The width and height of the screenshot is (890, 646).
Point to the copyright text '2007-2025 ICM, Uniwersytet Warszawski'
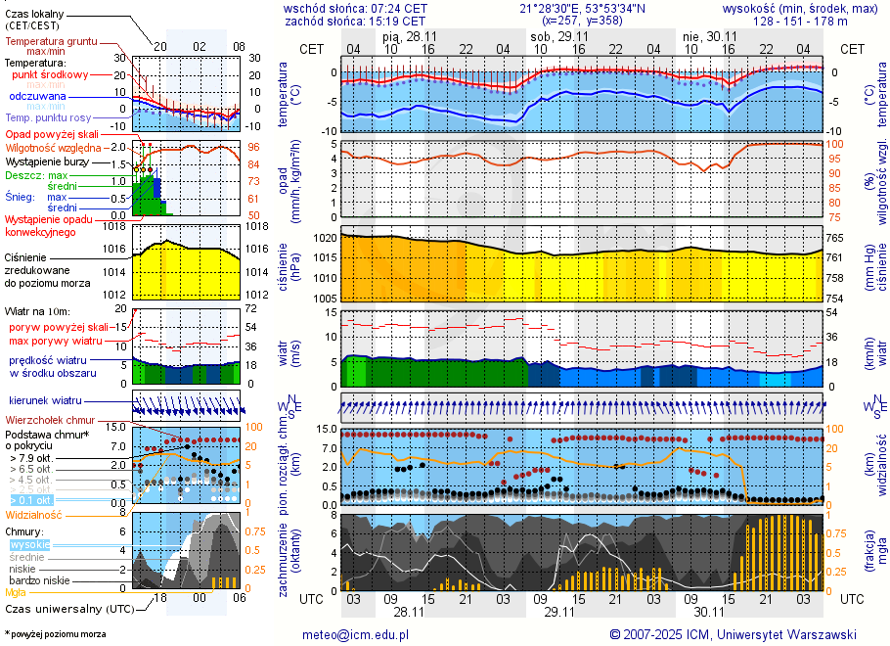[x=740, y=634]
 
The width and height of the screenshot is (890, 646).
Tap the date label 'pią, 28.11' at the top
[x=406, y=35]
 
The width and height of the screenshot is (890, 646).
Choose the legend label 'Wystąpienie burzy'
[x=47, y=161]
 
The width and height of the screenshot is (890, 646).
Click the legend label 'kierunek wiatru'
[x=45, y=401]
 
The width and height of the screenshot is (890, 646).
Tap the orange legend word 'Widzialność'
[x=34, y=514]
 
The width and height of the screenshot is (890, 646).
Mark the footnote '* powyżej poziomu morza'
[x=55, y=634]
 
